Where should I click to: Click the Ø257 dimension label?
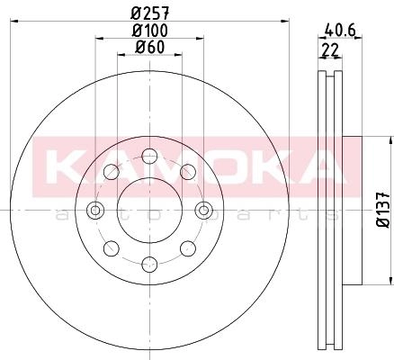[x=151, y=13]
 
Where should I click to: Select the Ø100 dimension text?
[x=150, y=31]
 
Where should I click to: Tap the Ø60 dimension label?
[x=150, y=47]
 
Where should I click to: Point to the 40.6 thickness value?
[x=340, y=31]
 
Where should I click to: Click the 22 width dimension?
[x=329, y=49]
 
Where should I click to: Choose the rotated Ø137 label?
[x=383, y=210]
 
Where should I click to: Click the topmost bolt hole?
[x=149, y=156]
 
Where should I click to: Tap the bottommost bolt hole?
[x=149, y=265]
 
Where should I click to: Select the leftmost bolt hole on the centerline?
[x=95, y=210]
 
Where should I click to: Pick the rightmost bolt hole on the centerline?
[x=204, y=210]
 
